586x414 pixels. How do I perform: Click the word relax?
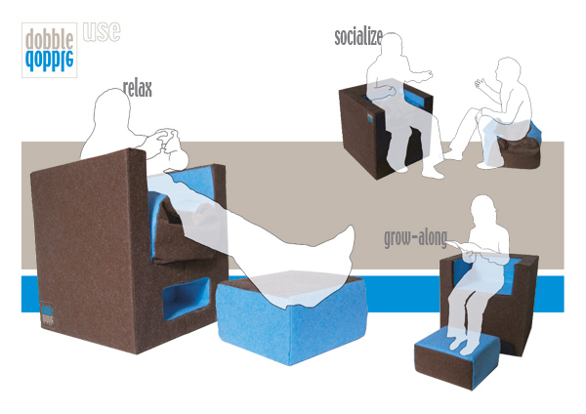[138, 89]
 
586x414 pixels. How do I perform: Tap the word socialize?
[358, 37]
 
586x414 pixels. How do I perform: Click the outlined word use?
[102, 31]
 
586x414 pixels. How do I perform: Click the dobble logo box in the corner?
[50, 50]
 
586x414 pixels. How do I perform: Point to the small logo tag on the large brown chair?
[47, 314]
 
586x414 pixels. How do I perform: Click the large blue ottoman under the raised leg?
[291, 317]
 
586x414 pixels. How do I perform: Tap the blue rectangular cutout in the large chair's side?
[186, 299]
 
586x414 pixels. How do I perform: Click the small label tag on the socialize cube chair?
[370, 118]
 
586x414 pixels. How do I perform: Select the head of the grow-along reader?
[483, 210]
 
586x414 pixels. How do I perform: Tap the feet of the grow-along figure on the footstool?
[463, 344]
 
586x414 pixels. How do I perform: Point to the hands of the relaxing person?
[166, 141]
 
